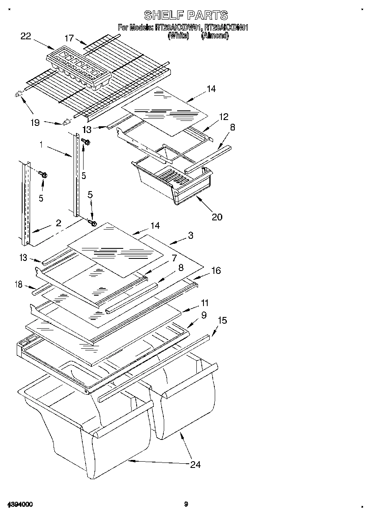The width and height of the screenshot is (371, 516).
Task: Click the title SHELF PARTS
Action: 185,15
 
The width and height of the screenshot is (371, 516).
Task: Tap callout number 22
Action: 26,36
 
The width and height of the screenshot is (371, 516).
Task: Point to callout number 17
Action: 69,38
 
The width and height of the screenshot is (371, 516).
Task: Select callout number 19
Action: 35,123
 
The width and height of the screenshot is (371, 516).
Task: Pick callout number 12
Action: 224,117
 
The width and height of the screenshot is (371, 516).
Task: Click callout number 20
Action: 217,216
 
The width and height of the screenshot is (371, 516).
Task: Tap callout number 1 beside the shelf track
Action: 41,145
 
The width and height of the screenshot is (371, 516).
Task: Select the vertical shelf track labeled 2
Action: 24,201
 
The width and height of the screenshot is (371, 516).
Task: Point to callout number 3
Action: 191,236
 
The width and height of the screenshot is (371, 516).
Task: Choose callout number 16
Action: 216,271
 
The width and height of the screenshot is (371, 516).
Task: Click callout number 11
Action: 205,303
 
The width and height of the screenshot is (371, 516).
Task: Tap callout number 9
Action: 204,315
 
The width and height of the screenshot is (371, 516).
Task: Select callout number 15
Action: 222,320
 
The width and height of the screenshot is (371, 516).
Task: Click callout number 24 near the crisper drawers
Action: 195,464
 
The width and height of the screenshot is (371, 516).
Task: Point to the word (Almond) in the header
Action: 215,36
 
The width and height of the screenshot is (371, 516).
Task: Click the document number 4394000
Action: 20,504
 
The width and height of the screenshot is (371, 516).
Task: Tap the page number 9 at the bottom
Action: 186,504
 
